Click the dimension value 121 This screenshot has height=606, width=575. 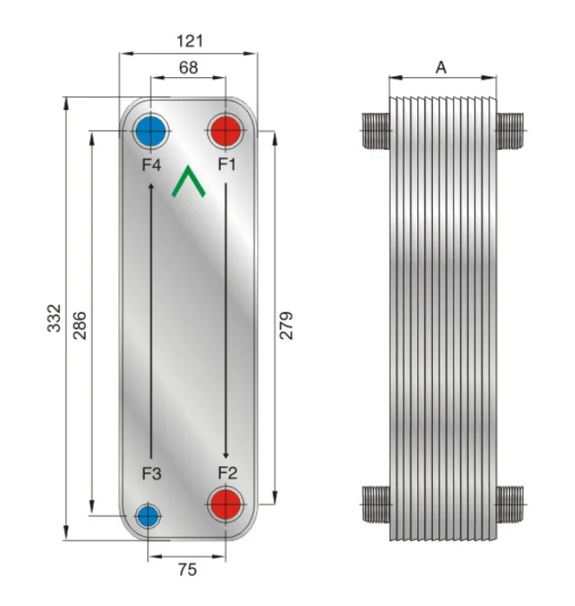[x=189, y=41]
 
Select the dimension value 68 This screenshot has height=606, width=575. [x=188, y=67]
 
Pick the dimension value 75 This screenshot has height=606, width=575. [x=187, y=570]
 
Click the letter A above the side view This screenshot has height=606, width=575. [x=441, y=68]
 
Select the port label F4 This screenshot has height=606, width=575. [x=152, y=162]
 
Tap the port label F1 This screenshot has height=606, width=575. [x=227, y=162]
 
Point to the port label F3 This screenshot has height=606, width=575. [x=152, y=473]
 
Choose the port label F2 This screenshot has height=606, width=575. [x=227, y=473]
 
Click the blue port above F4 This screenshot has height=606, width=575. [x=152, y=133]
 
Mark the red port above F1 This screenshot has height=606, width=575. [x=226, y=133]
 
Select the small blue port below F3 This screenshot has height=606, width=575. [x=149, y=517]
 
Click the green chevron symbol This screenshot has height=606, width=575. [x=189, y=182]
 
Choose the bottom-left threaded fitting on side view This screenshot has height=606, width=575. [x=374, y=501]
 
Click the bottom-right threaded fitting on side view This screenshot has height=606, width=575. [x=510, y=501]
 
